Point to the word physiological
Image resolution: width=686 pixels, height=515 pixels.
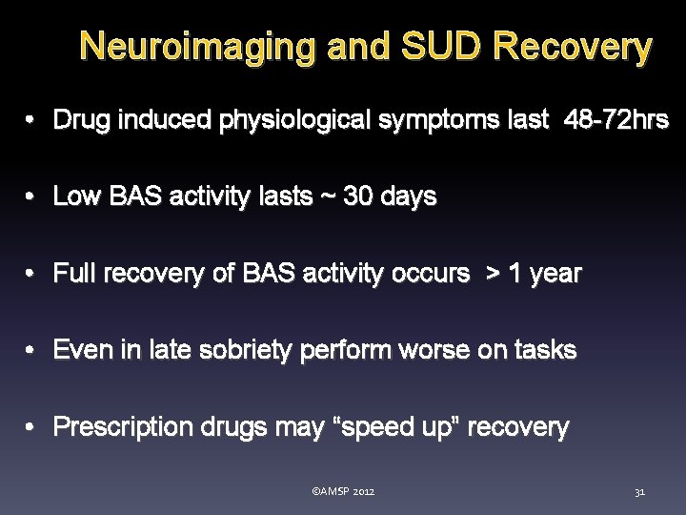point(298,120)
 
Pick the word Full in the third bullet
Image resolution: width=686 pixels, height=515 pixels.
point(74,274)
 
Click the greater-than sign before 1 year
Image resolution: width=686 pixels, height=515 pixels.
point(492,274)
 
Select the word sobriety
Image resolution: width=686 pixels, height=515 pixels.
point(252,350)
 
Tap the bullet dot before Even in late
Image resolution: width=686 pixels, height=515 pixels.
point(31,350)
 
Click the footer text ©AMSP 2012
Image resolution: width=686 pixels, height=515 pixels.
point(343,491)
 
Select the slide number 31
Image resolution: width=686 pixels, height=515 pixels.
point(640,491)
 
